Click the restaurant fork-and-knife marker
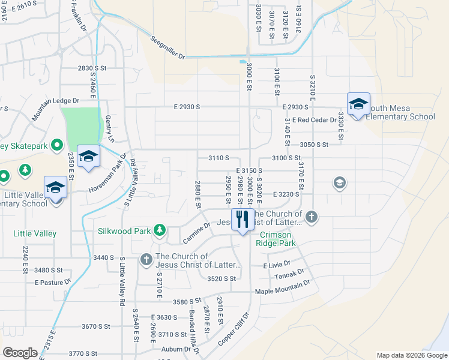tap(243, 220)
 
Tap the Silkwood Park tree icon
tap(160, 230)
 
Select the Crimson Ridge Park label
tap(276, 239)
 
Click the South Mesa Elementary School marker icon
tap(358, 104)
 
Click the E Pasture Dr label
tap(53, 281)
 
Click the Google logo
tap(20, 353)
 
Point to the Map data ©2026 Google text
tap(412, 355)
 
